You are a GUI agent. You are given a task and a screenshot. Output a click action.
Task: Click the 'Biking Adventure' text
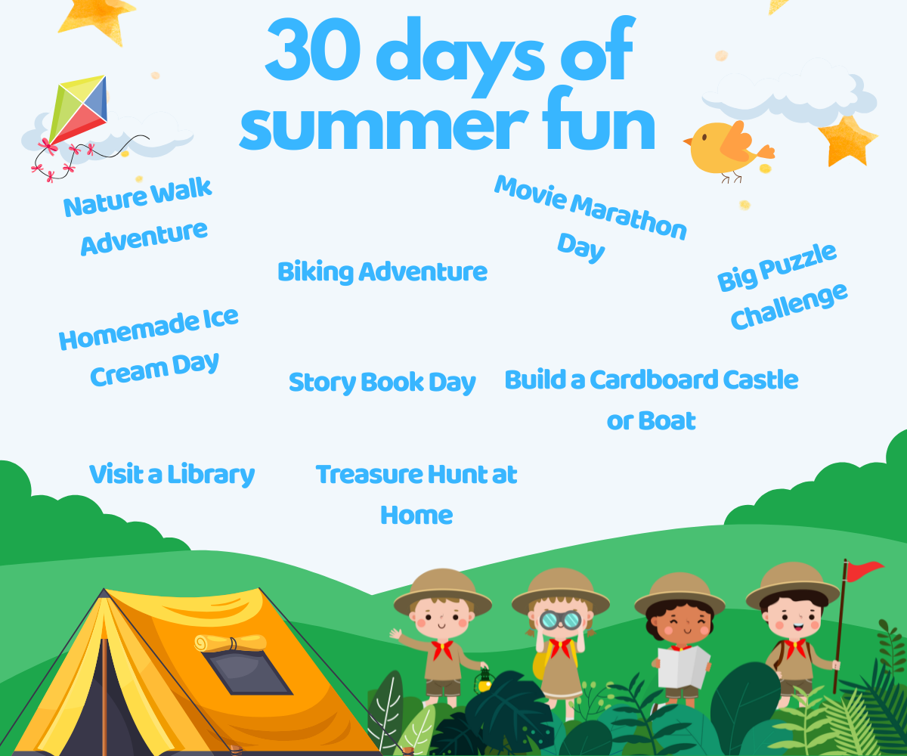point(382,271)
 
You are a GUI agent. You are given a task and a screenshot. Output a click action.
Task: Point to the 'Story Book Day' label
point(382,382)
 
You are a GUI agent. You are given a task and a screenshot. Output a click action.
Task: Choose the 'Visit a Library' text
point(172,474)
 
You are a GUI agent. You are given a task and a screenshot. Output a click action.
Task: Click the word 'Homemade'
point(117,332)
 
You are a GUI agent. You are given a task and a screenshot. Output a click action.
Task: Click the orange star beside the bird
point(847,141)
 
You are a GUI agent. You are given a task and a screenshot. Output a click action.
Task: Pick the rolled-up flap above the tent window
point(230,642)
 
